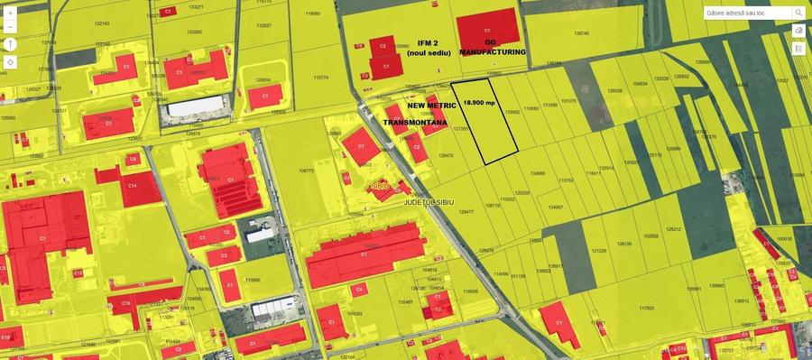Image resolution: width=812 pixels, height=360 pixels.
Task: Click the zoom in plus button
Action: point(10,14)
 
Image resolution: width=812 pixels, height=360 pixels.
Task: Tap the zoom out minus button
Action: point(10,28)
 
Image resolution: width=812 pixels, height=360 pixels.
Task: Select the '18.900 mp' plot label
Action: point(480,103)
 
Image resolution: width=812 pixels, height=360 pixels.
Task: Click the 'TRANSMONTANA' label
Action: point(414,120)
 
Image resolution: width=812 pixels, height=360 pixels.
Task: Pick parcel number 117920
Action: point(646,308)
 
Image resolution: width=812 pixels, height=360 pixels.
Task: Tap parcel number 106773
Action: point(306,171)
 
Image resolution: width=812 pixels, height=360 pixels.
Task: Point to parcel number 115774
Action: point(320,78)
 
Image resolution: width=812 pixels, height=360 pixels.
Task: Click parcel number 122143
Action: point(100,23)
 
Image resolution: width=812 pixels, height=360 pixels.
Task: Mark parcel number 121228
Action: point(599,251)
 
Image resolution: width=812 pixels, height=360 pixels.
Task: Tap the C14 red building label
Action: point(132,185)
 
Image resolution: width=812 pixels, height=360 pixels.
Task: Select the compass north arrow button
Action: point(10,44)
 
